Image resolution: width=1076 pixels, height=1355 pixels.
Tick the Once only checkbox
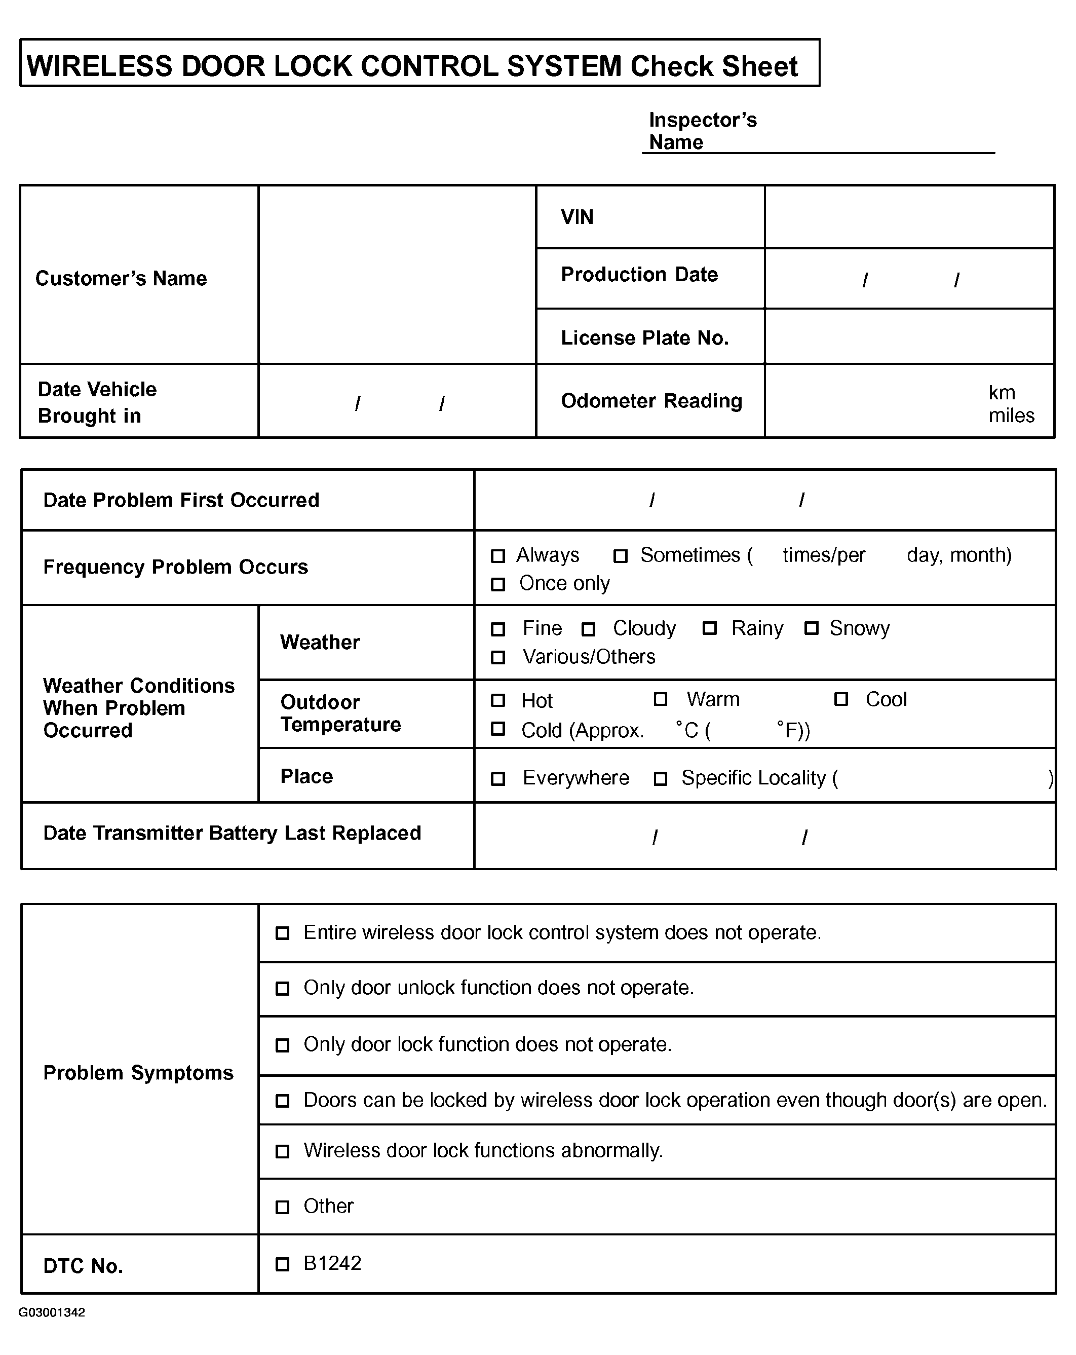pos(497,584)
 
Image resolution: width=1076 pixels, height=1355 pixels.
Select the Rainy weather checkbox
pos(709,628)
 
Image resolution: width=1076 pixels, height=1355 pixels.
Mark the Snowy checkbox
pos(811,628)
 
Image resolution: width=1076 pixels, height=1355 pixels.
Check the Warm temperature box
pos(660,699)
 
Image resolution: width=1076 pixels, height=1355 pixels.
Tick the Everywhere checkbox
pos(497,779)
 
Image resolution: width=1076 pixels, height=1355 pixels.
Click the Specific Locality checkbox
pos(660,779)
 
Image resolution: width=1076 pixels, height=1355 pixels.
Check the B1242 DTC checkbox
pos(283,1264)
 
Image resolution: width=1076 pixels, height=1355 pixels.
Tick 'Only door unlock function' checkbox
pos(283,989)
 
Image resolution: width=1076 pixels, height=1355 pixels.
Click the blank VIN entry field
pos(908,217)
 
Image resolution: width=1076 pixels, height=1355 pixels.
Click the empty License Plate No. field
pos(908,337)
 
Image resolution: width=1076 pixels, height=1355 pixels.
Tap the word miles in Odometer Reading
pos(1011,416)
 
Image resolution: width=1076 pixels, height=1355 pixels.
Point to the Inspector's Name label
pos(702,131)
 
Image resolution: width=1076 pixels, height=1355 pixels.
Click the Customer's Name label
pos(121,278)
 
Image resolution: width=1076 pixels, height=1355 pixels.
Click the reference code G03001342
pos(52,1313)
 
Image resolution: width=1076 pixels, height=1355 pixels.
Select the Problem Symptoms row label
pos(138,1073)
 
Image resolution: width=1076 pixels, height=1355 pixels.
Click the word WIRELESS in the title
pos(99,66)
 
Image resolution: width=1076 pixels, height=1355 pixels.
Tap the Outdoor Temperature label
pos(340,713)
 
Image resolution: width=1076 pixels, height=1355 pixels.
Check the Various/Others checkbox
pos(497,657)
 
